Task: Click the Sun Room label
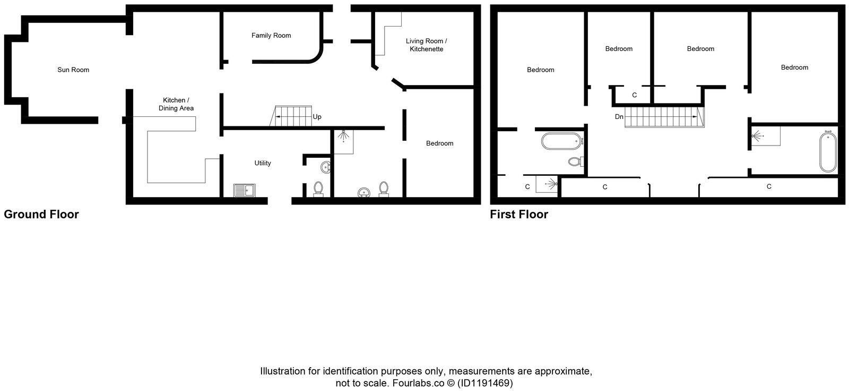(73, 70)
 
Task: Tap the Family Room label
(271, 36)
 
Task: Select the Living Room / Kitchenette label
(426, 45)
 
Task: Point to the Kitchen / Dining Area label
(176, 104)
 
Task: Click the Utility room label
(263, 163)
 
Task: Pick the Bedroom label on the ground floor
(440, 143)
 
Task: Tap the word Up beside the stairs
(317, 117)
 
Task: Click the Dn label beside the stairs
(619, 117)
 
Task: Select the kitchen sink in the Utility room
(244, 190)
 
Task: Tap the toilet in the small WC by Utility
(318, 188)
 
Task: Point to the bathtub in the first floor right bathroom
(827, 152)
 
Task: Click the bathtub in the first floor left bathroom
(561, 142)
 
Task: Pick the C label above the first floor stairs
(634, 95)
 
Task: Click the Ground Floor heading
(41, 215)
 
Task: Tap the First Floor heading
(519, 215)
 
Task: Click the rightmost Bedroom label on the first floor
(794, 67)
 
